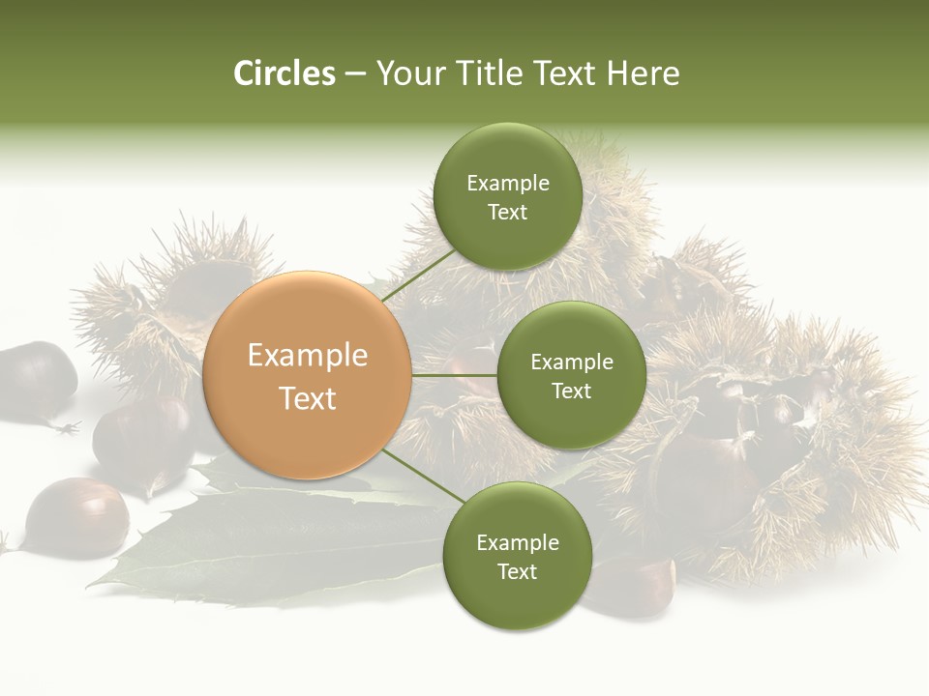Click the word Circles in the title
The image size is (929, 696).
tap(285, 73)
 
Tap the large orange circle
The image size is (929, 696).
tap(308, 375)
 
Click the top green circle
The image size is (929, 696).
tap(507, 197)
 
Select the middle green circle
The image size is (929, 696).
tap(571, 375)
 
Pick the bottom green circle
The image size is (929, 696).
tap(517, 557)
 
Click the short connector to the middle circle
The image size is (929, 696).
tap(455, 375)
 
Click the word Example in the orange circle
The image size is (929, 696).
tap(308, 356)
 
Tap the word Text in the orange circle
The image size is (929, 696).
tap(308, 398)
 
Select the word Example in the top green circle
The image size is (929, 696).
tap(507, 184)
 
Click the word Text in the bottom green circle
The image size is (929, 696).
tap(517, 571)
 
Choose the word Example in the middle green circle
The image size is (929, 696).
tap(571, 362)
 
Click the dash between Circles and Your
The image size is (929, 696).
tap(355, 74)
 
